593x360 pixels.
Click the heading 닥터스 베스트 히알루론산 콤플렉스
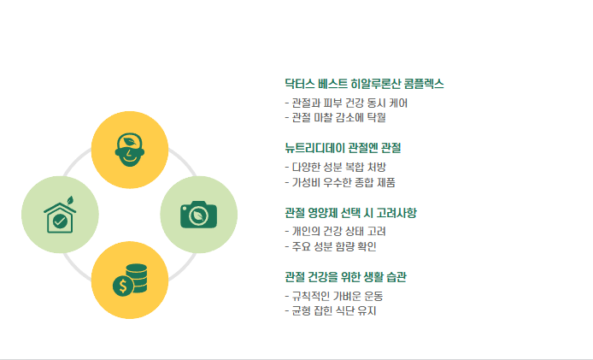point(364,84)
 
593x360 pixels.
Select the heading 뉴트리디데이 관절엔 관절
point(342,148)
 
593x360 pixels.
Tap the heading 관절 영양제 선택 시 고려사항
point(350,212)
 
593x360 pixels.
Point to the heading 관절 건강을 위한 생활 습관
point(345,277)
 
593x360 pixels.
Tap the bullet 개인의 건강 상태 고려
point(334,231)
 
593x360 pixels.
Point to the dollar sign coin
point(123,286)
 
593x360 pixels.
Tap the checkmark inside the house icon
point(60,221)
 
